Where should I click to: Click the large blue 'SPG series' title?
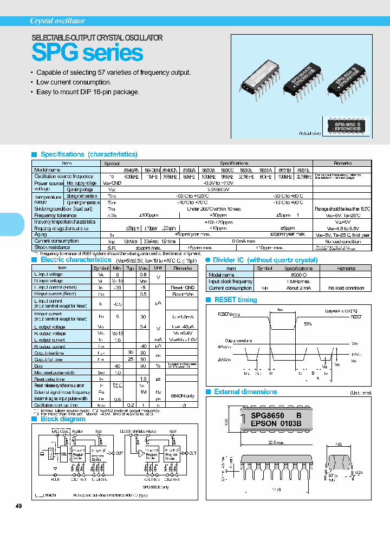tap(87, 53)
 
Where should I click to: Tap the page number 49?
tap(19, 506)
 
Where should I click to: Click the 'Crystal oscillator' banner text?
tap(57, 21)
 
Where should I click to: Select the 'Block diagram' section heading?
tap(63, 419)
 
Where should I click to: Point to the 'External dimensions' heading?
tap(245, 392)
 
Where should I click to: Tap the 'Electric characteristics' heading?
tap(76, 260)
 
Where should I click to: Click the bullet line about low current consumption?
tap(74, 82)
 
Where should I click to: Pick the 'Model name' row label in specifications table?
tap(48, 169)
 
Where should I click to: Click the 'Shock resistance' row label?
tap(52, 247)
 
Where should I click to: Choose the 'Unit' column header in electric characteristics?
tap(158, 268)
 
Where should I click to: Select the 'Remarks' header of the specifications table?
tap(342, 163)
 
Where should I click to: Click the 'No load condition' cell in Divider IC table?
tap(347, 288)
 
